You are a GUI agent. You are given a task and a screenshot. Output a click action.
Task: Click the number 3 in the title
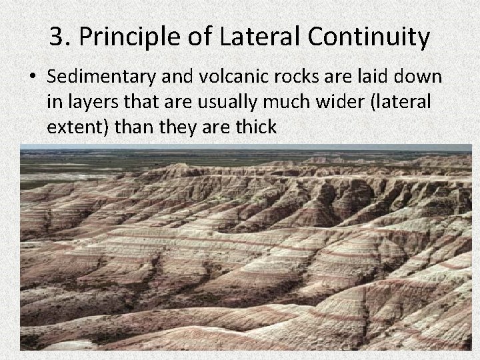[57, 37]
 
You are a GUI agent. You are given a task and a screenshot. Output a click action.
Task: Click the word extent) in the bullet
[78, 127]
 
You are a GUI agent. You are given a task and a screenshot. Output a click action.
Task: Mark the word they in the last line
[177, 126]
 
